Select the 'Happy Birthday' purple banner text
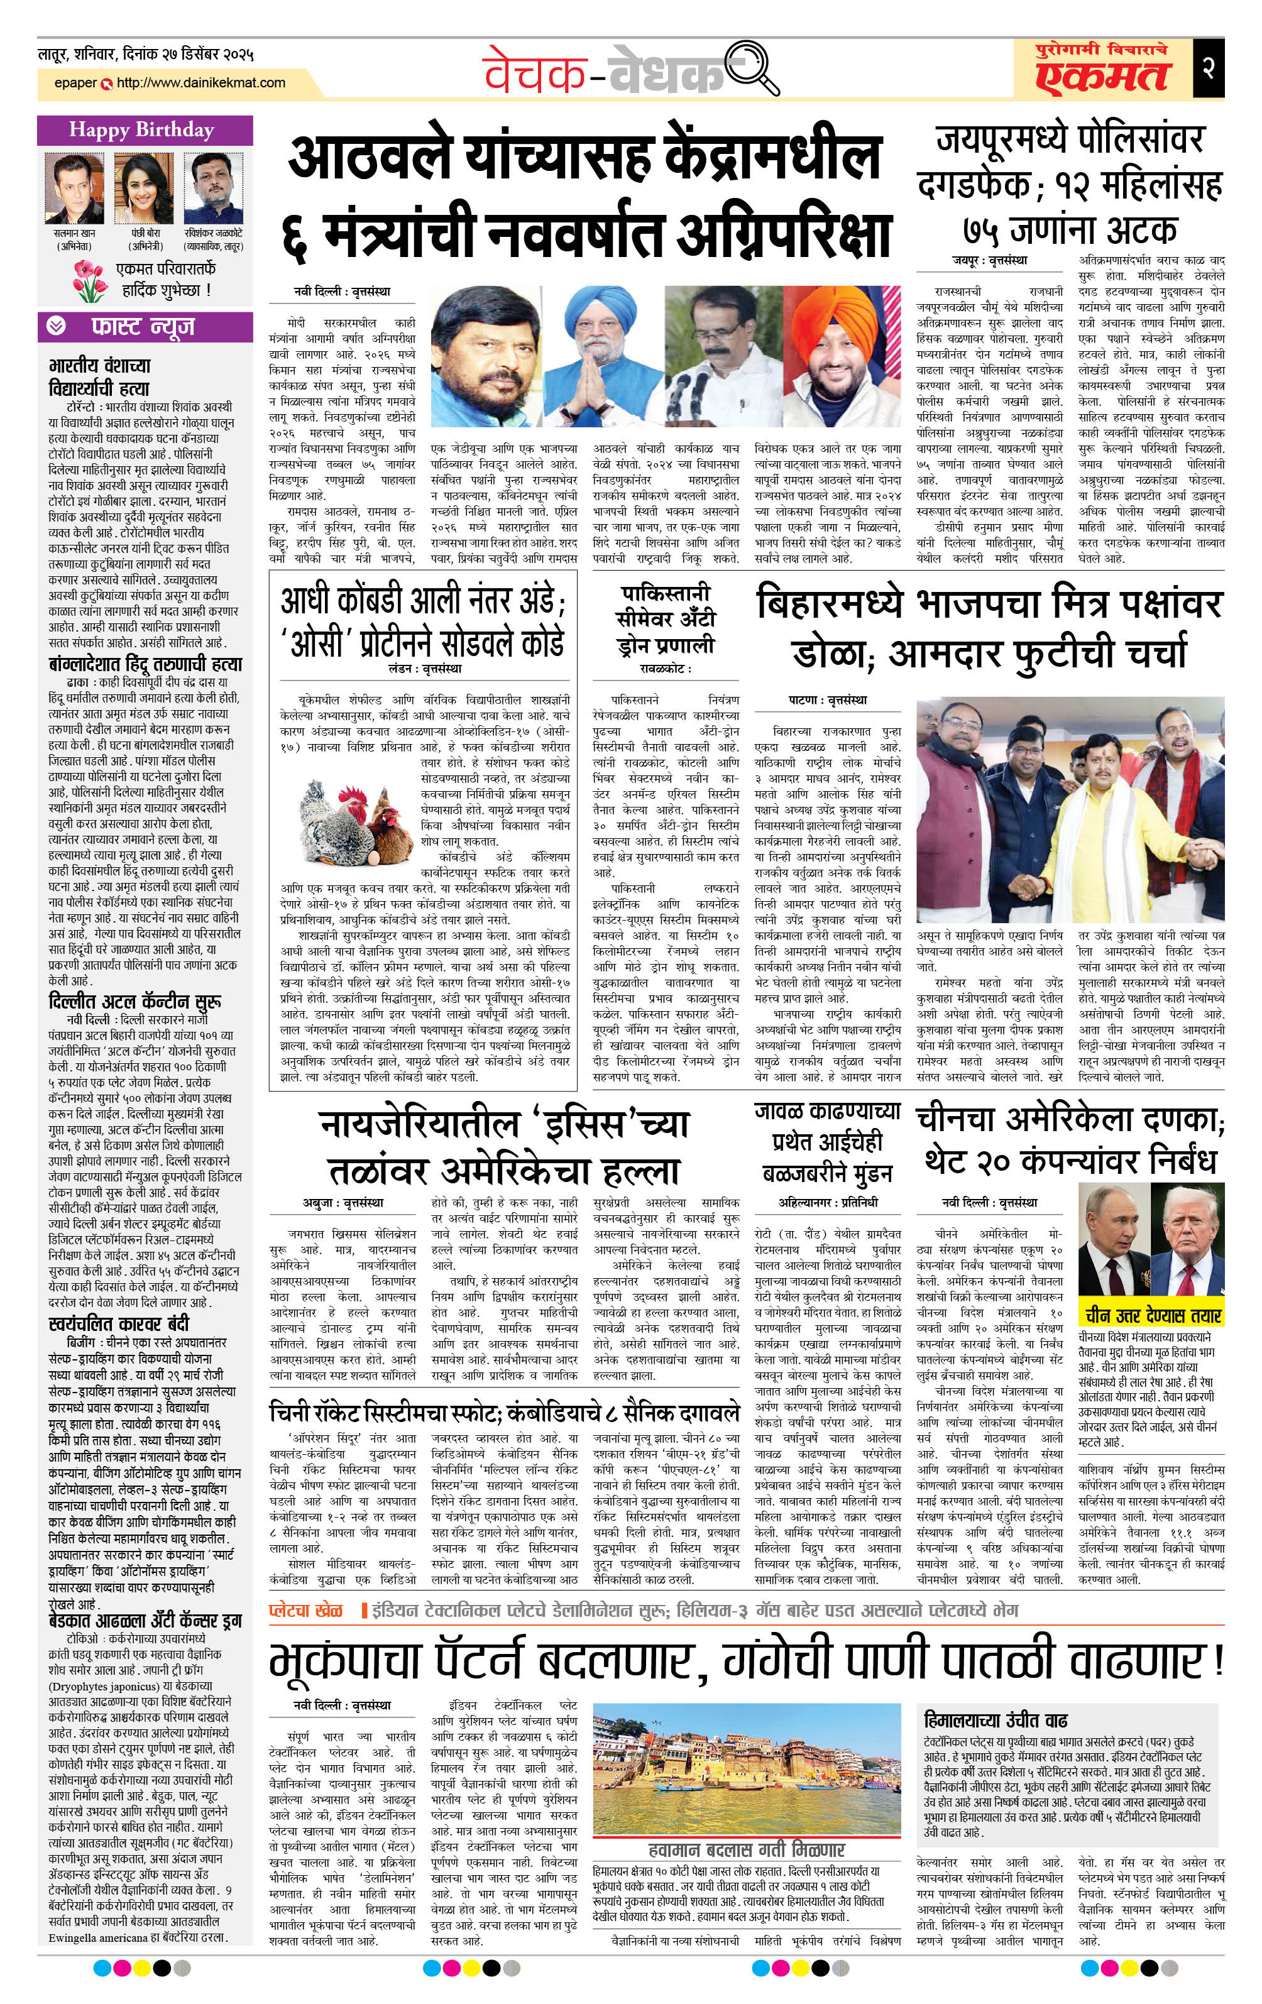(141, 130)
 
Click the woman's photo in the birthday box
(139, 187)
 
